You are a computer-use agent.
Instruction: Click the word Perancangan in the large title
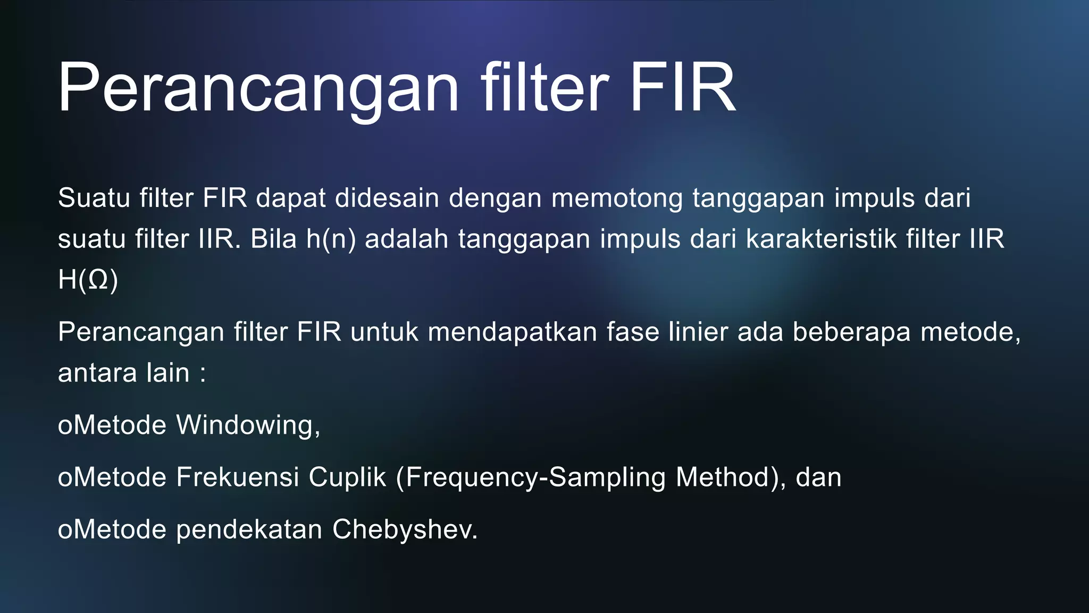click(258, 88)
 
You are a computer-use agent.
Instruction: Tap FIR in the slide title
click(683, 88)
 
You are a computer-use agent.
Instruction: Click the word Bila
click(273, 239)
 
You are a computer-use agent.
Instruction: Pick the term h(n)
click(331, 239)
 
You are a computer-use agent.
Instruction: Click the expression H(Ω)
click(88, 280)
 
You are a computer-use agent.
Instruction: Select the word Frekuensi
click(237, 477)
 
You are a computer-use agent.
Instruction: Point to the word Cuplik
click(347, 477)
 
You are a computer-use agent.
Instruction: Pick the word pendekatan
click(249, 529)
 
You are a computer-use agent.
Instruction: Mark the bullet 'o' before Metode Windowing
click(64, 426)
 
